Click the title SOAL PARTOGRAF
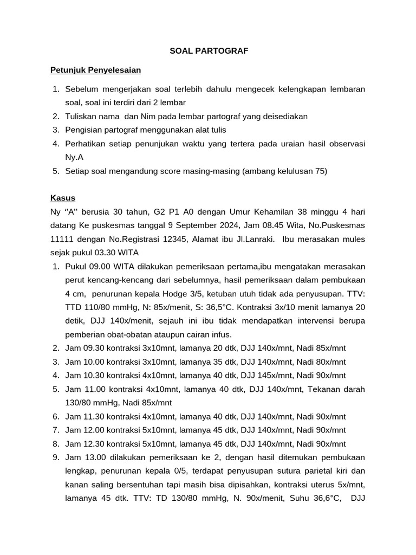click(x=209, y=50)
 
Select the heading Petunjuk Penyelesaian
click(x=95, y=70)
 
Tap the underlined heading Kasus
click(x=63, y=198)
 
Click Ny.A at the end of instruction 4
click(x=75, y=158)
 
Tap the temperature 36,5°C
click(x=216, y=307)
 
